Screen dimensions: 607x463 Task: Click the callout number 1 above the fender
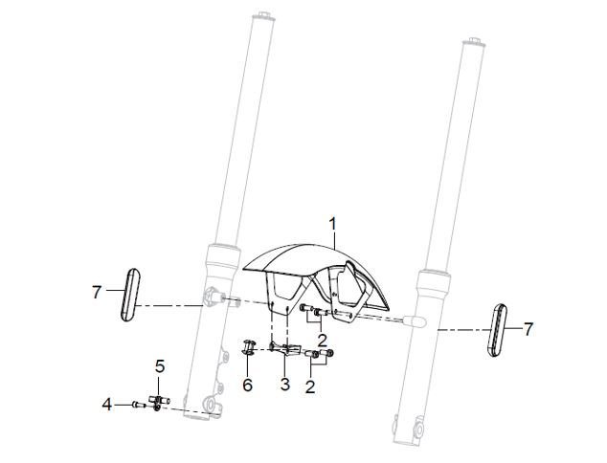tap(332, 225)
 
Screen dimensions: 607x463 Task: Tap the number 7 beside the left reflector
tap(97, 292)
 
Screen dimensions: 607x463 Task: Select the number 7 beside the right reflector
tap(528, 330)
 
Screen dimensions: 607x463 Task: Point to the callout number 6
tap(247, 385)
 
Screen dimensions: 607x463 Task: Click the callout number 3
tap(285, 385)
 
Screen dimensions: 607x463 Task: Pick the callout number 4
tap(107, 405)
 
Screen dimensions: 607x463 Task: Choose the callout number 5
tap(160, 366)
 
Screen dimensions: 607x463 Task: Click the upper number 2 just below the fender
tap(322, 341)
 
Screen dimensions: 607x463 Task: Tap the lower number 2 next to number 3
tap(310, 386)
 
